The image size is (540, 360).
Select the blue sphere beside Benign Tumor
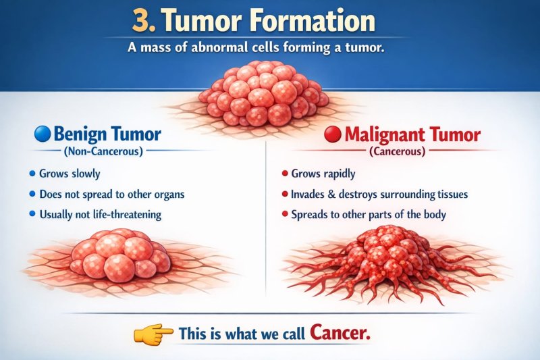(x=42, y=134)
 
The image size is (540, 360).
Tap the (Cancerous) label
(x=397, y=151)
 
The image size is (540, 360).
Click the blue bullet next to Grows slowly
(x=32, y=174)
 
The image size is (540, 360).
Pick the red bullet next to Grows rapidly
(x=284, y=174)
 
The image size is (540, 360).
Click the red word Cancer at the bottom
(x=340, y=333)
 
